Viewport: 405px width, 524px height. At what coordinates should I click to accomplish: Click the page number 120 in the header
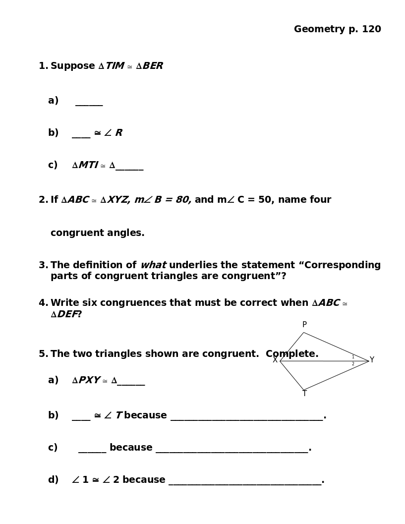pos(371,29)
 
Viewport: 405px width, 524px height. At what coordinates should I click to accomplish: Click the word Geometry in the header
pos(319,30)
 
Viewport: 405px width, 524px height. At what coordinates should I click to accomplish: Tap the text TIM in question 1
pos(115,66)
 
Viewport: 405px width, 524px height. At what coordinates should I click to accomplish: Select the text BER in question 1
pos(153,66)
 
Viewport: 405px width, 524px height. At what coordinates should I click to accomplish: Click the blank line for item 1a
pos(89,104)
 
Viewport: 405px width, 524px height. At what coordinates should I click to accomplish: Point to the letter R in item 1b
pos(119,133)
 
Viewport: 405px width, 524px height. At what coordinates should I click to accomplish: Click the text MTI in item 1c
pos(88,165)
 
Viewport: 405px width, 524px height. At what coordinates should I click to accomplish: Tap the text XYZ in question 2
pos(118,200)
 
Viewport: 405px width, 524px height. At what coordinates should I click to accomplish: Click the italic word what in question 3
pos(153,265)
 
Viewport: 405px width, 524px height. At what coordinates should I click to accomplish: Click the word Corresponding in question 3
pos(343,265)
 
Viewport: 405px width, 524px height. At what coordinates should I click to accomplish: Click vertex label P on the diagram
pos(304,325)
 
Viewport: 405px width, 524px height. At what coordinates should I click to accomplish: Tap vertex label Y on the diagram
pos(372,360)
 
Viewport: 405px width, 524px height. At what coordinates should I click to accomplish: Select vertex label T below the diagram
pos(304,394)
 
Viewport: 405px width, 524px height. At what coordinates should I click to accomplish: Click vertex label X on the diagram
pos(275,360)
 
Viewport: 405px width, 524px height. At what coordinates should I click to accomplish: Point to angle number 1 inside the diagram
pos(353,357)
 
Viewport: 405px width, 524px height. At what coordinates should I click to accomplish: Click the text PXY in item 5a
pos(89,380)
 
